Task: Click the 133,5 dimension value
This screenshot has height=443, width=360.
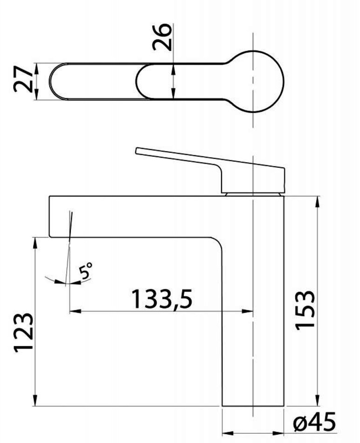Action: point(162,298)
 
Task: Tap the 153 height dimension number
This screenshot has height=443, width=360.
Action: point(305,310)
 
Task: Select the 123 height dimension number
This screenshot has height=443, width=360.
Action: point(23,332)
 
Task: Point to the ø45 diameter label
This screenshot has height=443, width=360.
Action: point(314,422)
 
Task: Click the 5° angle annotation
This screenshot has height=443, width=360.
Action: point(86,270)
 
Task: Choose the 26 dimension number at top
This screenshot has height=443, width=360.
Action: point(162,37)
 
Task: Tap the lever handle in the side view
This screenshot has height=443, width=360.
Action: point(210,170)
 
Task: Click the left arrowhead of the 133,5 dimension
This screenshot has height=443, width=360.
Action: point(75,311)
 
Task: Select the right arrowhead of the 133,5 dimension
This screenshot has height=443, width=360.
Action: point(247,311)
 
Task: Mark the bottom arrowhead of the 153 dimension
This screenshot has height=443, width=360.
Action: point(317,400)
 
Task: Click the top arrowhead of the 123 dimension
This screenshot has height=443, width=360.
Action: point(35,243)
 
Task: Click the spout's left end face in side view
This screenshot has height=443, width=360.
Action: point(49,216)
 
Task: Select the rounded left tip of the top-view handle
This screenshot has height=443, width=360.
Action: point(51,81)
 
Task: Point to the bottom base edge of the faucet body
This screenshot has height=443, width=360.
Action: point(253,406)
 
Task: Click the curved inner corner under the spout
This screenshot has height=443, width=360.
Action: point(218,242)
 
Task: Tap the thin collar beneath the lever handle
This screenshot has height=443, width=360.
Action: point(253,194)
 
